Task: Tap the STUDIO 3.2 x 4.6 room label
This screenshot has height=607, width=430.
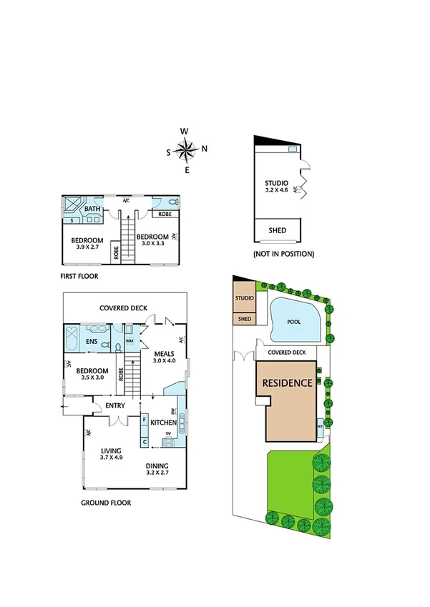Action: [x=276, y=187]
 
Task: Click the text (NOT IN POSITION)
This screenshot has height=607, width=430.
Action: [x=283, y=254]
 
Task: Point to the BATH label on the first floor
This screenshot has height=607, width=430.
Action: [x=92, y=209]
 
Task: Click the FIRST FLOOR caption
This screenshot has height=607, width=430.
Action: [x=79, y=275]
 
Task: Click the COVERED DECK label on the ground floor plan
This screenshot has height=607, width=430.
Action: [x=123, y=308]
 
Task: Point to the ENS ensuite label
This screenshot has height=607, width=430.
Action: [x=92, y=342]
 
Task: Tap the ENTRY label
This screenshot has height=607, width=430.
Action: [x=114, y=406]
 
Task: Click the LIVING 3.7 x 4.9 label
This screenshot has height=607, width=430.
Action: [x=112, y=453]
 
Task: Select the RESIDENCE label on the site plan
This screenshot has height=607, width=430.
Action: [x=287, y=383]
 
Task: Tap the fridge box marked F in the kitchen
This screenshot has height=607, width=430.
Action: [x=145, y=420]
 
